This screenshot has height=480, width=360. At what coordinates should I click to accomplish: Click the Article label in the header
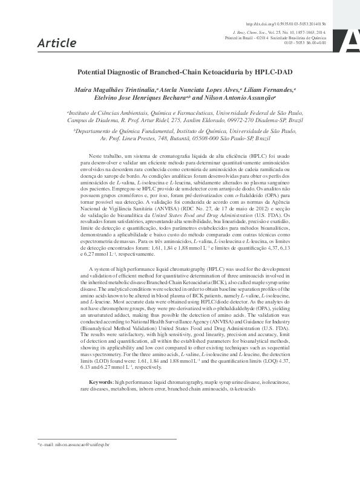[x=57, y=43]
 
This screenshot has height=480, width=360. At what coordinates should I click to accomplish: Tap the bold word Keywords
[x=100, y=383]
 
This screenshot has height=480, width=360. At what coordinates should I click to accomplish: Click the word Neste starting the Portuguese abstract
[x=96, y=156]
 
